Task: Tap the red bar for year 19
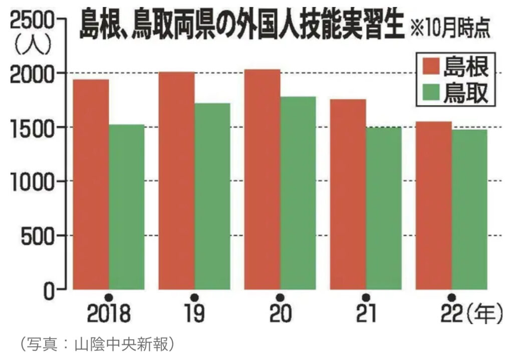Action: (177, 181)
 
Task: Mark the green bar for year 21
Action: (383, 208)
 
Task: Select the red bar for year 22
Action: (434, 205)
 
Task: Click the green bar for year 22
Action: (469, 210)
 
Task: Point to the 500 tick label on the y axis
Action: (40, 235)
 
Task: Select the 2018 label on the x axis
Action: (108, 314)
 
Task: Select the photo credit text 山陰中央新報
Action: (122, 344)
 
